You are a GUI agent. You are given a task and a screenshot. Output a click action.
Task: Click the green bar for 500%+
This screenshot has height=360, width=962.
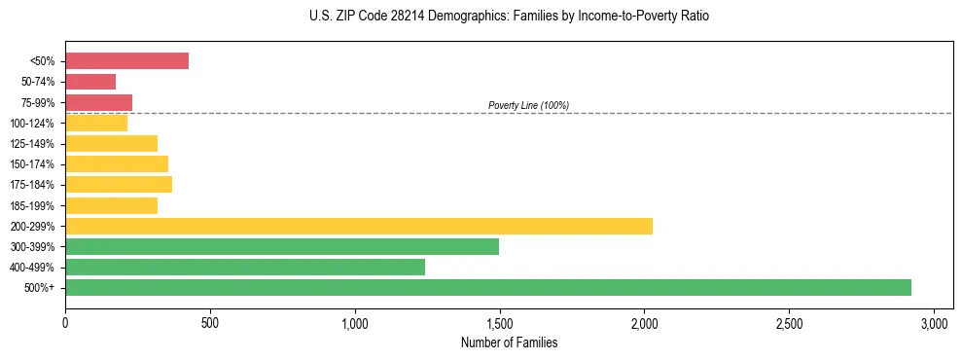[x=487, y=287]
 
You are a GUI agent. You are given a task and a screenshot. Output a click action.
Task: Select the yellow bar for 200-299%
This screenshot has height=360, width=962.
[x=358, y=226]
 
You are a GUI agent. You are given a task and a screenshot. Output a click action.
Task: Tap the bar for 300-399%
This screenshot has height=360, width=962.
[x=281, y=246]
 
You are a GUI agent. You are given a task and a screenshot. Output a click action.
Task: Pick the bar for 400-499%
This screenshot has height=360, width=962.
[x=244, y=267]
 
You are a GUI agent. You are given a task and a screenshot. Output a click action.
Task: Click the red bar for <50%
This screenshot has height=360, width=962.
[x=126, y=60]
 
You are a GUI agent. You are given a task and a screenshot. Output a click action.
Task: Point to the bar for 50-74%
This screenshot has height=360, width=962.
[x=90, y=82]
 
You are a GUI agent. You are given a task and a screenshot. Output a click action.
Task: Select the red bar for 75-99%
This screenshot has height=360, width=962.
[x=98, y=102]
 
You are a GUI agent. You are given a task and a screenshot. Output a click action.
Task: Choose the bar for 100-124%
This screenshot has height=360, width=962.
[x=96, y=123]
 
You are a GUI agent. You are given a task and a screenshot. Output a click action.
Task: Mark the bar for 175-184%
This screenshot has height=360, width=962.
[x=118, y=184]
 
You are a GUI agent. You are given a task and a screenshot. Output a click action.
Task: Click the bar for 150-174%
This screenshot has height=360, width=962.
[x=116, y=163]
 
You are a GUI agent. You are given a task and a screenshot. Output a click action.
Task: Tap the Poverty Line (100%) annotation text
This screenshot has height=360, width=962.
[x=528, y=105]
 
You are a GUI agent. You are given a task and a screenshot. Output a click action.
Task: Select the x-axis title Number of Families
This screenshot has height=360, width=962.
[x=509, y=342]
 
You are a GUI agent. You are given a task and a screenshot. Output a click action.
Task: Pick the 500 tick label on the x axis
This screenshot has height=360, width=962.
[x=210, y=323]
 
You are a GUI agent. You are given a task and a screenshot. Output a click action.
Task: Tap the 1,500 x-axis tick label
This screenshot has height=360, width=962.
[x=500, y=323]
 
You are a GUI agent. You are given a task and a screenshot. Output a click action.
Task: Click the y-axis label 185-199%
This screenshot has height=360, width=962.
[x=32, y=205]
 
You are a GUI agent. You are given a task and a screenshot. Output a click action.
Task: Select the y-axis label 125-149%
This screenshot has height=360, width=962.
[x=32, y=144]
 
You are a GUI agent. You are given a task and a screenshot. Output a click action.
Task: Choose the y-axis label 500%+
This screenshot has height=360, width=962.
[x=39, y=288]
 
